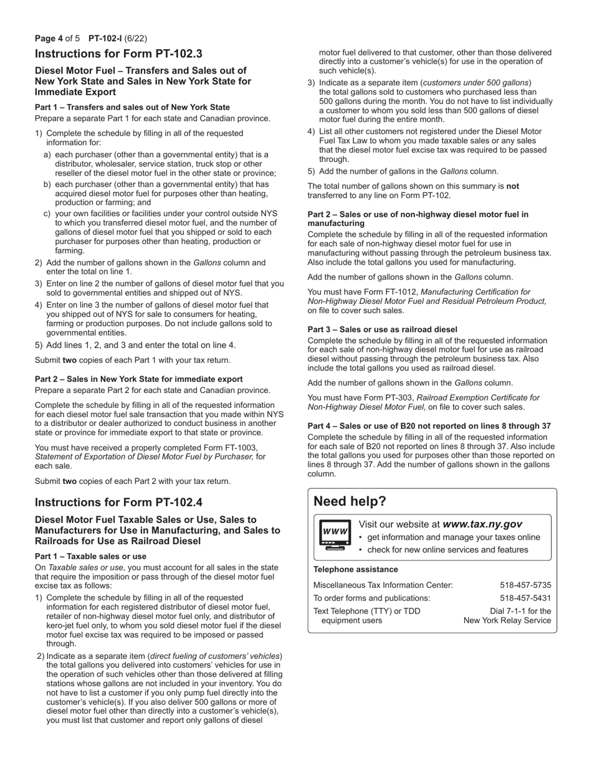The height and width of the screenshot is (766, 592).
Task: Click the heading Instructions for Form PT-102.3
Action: point(118,54)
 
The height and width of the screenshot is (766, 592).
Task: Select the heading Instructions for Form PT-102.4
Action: point(118,503)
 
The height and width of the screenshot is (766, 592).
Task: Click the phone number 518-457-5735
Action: point(525,585)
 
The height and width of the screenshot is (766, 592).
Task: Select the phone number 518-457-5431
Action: point(525,598)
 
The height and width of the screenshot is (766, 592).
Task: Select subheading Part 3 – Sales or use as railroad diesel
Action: point(382,329)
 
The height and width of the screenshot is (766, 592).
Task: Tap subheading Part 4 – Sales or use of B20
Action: point(429,426)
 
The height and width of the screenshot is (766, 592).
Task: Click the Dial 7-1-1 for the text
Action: point(520,611)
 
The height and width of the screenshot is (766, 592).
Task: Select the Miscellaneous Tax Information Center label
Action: point(383,585)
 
